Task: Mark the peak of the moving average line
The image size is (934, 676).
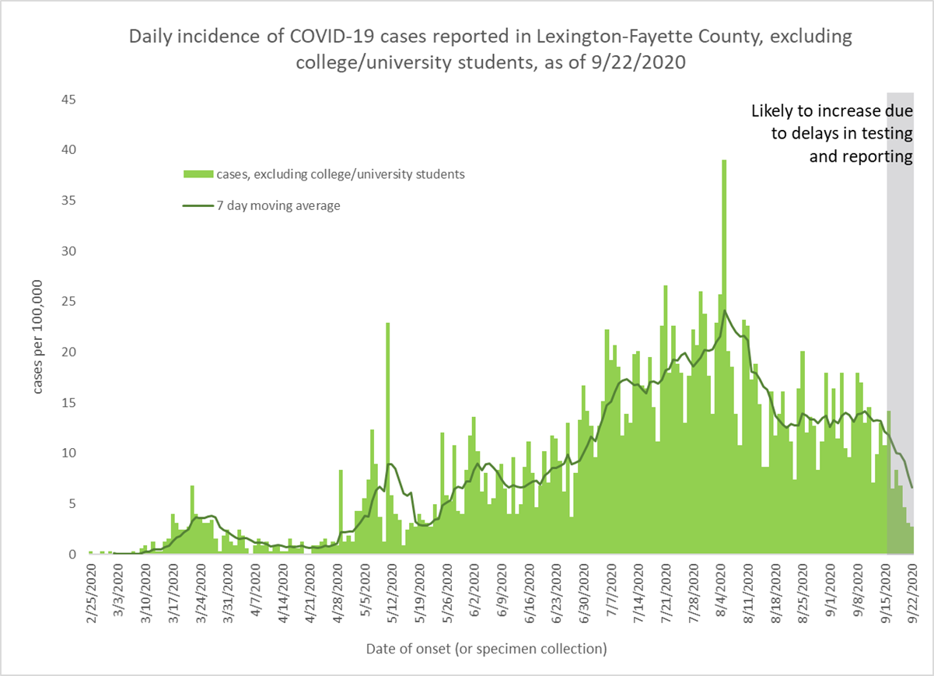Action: [725, 310]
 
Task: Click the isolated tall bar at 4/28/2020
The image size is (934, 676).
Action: [341, 510]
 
